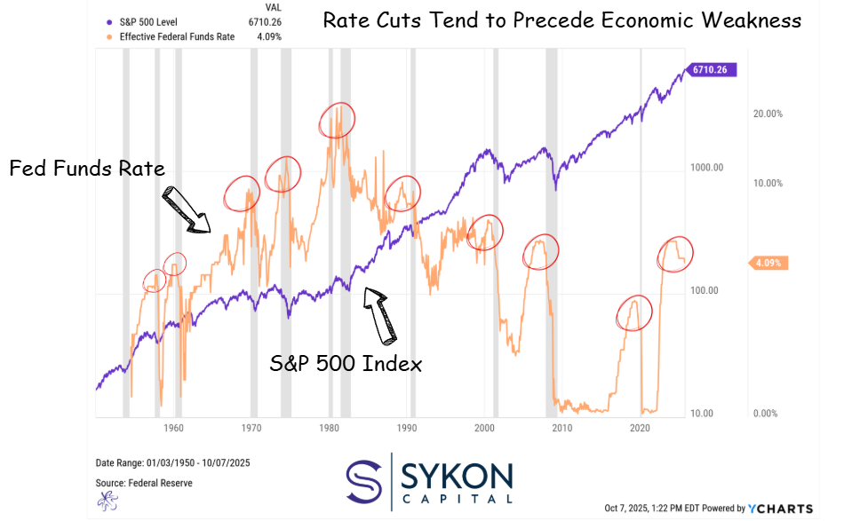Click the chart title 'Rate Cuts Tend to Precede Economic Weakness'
pyautogui.click(x=561, y=20)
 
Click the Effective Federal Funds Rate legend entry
pyautogui.click(x=185, y=36)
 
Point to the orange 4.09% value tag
pyautogui.click(x=767, y=263)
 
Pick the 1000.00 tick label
pyautogui.click(x=707, y=168)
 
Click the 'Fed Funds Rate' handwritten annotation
pyautogui.click(x=87, y=169)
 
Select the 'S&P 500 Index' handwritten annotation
pyautogui.click(x=346, y=363)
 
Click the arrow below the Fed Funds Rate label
pyautogui.click(x=186, y=210)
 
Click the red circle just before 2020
pyautogui.click(x=634, y=312)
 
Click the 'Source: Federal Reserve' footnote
pyautogui.click(x=143, y=483)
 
